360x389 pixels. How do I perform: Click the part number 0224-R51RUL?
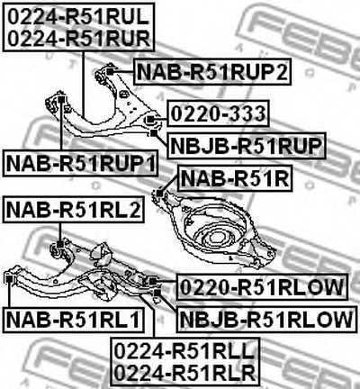pos(78,16)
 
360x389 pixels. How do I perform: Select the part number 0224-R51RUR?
pos(78,38)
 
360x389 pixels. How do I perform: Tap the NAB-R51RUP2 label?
pos(212,72)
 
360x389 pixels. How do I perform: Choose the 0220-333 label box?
pos(219,113)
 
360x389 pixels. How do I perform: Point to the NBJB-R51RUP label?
pos(247,146)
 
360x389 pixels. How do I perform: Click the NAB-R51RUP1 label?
pos(80,164)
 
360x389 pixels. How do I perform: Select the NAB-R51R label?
pos(235,178)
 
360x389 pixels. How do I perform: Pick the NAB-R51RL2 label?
pos(74,210)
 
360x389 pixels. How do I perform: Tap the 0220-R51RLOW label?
pos(262,287)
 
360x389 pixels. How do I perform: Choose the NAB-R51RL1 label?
pos(74,320)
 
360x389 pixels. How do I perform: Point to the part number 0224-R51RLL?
pos(185,351)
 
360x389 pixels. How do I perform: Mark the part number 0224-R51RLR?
pos(185,373)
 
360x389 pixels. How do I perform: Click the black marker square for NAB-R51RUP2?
pos(110,71)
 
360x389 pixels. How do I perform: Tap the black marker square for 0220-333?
pos(150,120)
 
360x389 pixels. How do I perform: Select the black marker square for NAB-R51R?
pos(159,194)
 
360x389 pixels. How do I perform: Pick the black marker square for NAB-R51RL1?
pos(9,279)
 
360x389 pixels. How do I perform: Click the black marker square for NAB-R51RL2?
pos(60,244)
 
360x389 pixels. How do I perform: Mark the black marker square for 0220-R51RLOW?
pos(153,281)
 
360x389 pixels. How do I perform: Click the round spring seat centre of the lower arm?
pos(217,238)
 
